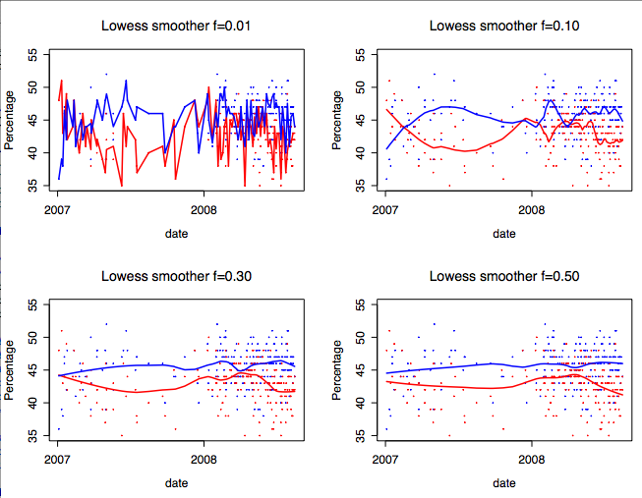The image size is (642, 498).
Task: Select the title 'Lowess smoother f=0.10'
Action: (x=503, y=25)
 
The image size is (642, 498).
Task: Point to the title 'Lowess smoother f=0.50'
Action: (x=503, y=275)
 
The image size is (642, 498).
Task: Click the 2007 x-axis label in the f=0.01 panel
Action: (x=58, y=209)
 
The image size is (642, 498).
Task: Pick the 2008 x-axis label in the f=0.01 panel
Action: (x=204, y=209)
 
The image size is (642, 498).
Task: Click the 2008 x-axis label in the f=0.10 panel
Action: (x=532, y=209)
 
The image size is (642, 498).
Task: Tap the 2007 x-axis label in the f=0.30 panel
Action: (x=58, y=459)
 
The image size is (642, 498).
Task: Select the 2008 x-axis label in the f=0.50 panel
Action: (x=532, y=459)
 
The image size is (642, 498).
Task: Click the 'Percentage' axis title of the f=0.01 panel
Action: (x=10, y=120)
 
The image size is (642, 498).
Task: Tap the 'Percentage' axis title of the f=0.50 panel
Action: (x=337, y=369)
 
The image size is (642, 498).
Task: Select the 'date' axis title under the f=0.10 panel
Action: (x=503, y=234)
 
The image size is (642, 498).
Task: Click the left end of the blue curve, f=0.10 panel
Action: (x=386, y=148)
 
